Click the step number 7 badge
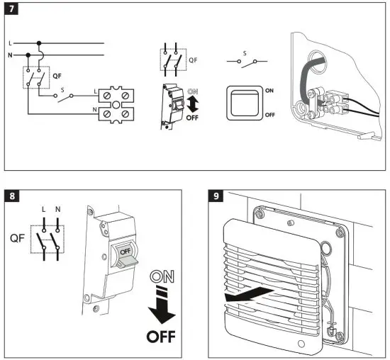12,12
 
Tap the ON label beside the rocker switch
269,91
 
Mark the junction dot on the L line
40,43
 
